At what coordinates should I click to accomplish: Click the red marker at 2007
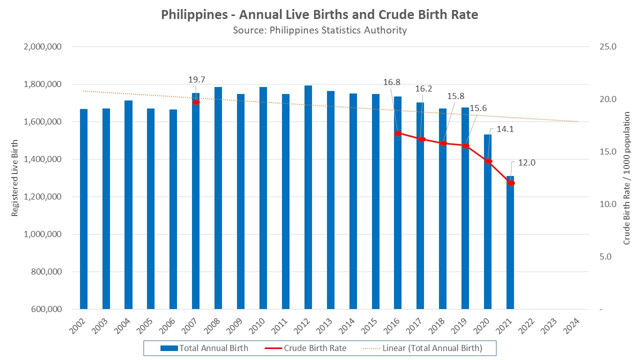196,102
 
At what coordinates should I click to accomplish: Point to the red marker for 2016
398,133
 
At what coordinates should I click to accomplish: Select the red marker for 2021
510,183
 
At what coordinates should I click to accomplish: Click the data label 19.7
196,79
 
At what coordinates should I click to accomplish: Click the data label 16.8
391,82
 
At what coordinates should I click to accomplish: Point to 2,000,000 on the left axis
42,47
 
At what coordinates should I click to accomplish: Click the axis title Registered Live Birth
15,178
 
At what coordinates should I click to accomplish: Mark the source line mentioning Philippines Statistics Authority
319,30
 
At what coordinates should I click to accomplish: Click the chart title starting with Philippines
319,14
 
